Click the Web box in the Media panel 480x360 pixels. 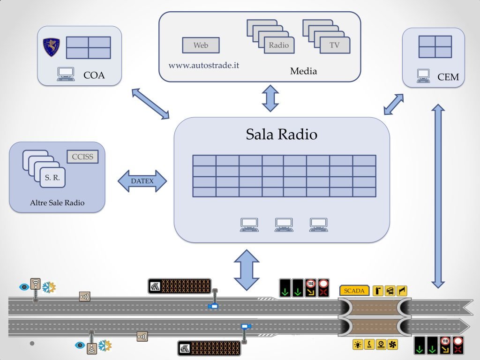coord(201,45)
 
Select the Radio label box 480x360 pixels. coord(279,45)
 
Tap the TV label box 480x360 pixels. coord(335,45)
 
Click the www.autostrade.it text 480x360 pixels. coord(204,65)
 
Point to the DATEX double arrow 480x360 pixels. coord(142,181)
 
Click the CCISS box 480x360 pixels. coord(82,157)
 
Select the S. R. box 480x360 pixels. coord(52,177)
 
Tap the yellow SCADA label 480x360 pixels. coord(354,291)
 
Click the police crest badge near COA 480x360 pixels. coord(51,47)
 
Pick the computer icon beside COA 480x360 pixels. coord(66,74)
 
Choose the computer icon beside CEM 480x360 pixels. coord(423,76)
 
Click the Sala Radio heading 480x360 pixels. coord(282,134)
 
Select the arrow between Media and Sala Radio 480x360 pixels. coord(270,98)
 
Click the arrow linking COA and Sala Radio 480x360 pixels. coord(150,104)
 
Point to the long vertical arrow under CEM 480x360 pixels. coord(438,196)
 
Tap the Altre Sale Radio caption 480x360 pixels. coord(57,202)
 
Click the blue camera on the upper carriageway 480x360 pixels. coord(213,306)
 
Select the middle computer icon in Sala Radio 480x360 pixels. coord(284,225)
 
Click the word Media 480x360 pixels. coord(303,71)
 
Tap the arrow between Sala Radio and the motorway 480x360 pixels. coord(247,270)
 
